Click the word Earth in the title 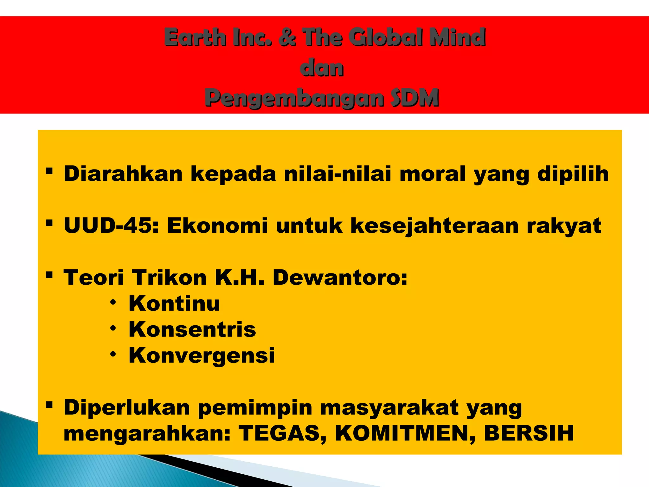pyautogui.click(x=195, y=37)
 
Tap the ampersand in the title pyautogui.click(x=287, y=37)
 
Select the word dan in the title pyautogui.click(x=322, y=68)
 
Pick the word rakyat pyautogui.click(x=564, y=226)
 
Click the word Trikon pyautogui.click(x=169, y=277)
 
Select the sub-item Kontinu pyautogui.click(x=174, y=303)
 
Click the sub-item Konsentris pyautogui.click(x=192, y=329)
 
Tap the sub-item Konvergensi pyautogui.click(x=202, y=355)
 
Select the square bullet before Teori pyautogui.click(x=49, y=274)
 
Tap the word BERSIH pyautogui.click(x=529, y=433)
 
